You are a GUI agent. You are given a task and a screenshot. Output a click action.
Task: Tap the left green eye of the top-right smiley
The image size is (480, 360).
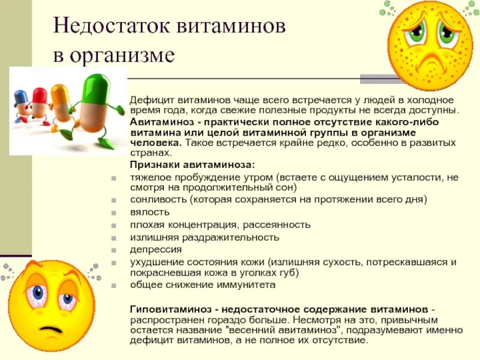(x=415, y=33)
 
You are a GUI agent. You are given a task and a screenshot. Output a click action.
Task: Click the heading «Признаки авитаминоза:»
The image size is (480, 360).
(x=192, y=164)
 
